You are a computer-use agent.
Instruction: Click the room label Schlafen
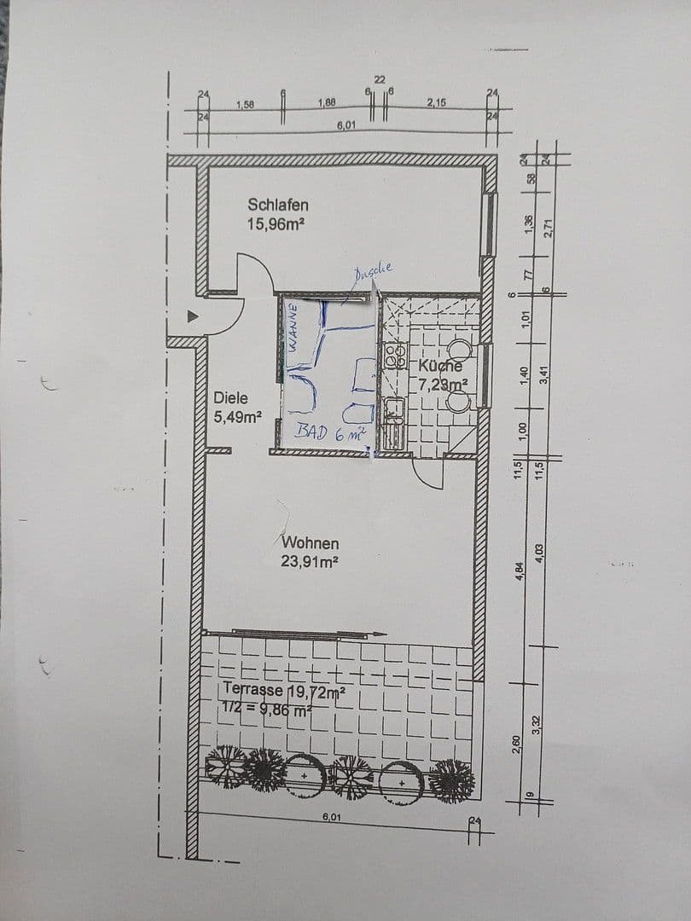[x=278, y=205]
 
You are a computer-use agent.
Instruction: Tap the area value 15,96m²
[x=276, y=224]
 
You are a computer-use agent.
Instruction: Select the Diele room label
[x=231, y=397]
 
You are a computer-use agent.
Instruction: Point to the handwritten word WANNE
[x=293, y=328]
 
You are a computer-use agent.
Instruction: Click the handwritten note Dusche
[x=373, y=270]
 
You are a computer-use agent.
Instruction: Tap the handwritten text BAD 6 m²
[x=330, y=432]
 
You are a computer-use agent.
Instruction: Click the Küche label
[x=440, y=366]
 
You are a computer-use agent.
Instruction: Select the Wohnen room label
[x=311, y=542]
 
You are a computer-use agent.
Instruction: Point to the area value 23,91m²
[x=311, y=561]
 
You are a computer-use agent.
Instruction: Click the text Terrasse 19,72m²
[x=284, y=690]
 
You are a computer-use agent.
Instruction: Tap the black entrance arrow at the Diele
[x=193, y=316]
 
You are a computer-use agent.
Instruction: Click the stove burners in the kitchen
[x=393, y=356]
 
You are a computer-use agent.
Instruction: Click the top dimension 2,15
[x=436, y=102]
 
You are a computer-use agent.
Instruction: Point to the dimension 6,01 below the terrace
[x=332, y=817]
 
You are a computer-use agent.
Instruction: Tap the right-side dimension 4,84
[x=520, y=572]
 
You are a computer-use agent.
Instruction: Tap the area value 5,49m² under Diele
[x=236, y=417]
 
